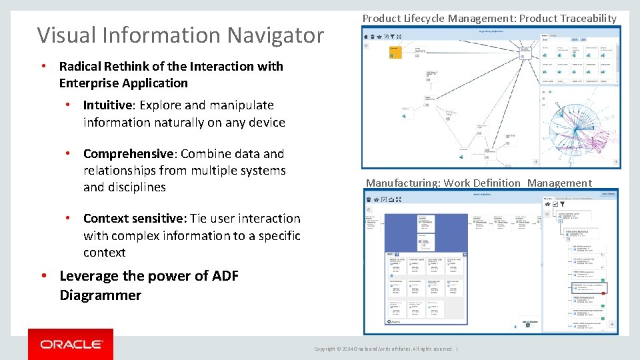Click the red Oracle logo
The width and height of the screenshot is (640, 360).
coord(71,344)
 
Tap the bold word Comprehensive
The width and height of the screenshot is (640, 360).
coord(127,154)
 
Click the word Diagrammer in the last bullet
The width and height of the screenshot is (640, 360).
coord(100,295)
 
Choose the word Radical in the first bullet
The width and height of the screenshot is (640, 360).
coord(81,67)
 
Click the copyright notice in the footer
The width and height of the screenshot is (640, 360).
coord(385,349)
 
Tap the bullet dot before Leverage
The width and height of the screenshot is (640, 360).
coord(43,276)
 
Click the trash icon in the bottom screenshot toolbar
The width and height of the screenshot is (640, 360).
coord(376,199)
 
